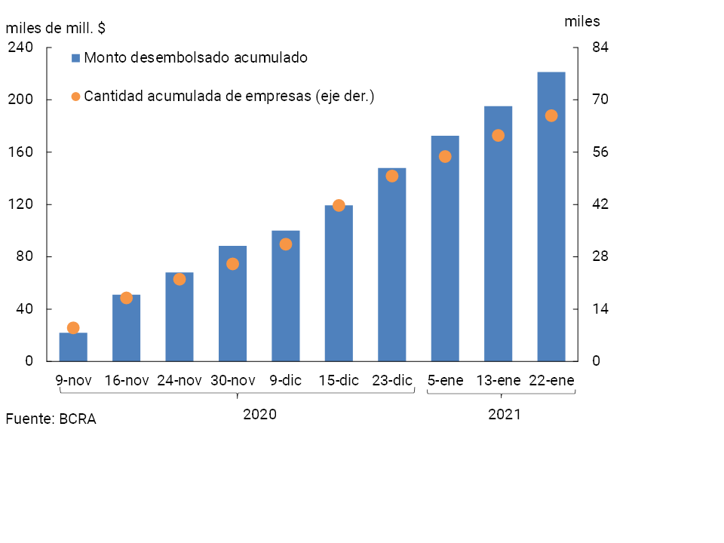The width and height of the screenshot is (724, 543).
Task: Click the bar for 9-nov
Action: (73, 347)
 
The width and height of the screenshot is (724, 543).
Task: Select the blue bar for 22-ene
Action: (551, 219)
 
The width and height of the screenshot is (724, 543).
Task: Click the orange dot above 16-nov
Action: (127, 298)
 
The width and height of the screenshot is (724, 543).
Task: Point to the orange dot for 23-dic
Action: (392, 176)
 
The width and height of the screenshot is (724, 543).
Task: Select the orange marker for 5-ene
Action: (445, 157)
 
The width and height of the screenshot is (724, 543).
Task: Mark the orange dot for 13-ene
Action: (498, 136)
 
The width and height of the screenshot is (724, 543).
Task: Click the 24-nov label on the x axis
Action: (179, 381)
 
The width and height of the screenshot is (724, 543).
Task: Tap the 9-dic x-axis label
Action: (286, 381)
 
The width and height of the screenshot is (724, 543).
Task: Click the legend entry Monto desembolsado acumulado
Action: (195, 57)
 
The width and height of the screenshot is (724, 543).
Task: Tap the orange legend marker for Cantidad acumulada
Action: (75, 97)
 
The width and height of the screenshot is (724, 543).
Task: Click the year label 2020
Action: (259, 415)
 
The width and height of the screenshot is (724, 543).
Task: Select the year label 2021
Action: (504, 415)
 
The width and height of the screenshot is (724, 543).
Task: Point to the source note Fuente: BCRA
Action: (51, 419)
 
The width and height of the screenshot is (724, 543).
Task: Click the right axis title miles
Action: (582, 21)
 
